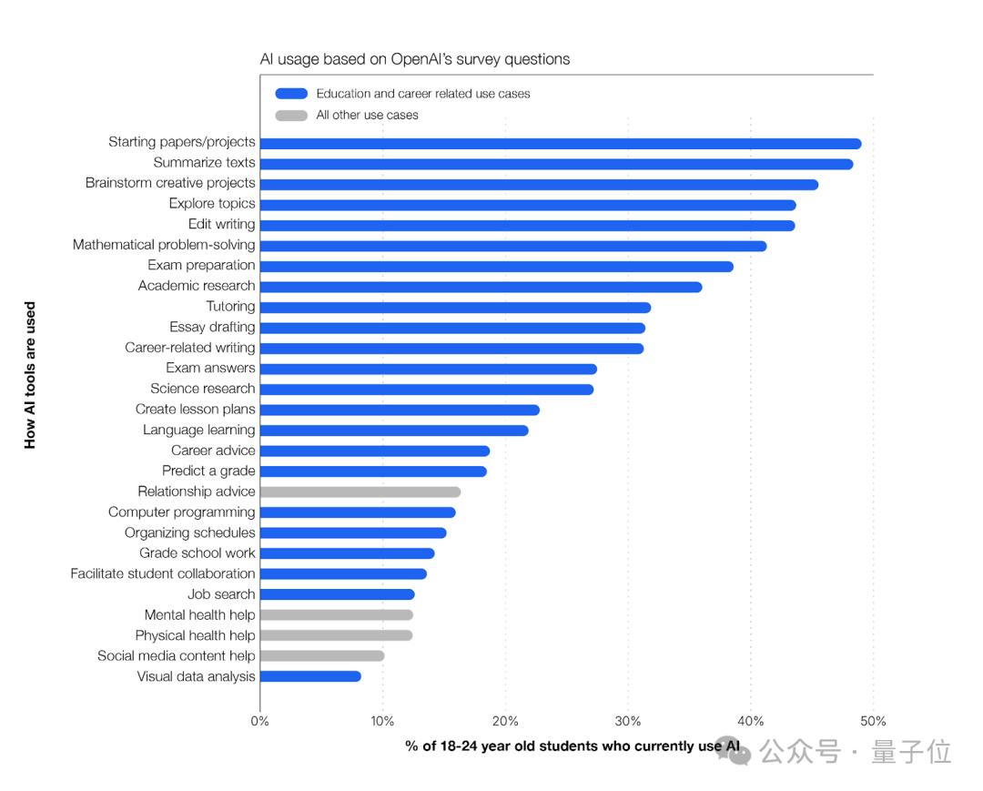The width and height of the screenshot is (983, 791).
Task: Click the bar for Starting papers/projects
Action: [560, 143]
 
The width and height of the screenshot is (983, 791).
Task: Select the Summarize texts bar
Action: [556, 164]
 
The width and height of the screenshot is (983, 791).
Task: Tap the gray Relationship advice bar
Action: [360, 492]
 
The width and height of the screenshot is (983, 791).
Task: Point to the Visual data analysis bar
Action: [310, 676]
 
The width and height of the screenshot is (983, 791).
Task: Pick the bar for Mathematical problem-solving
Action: [512, 246]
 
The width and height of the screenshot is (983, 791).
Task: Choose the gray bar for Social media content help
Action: [321, 655]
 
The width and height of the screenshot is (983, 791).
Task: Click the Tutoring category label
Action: [230, 307]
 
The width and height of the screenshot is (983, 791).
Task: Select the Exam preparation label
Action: [201, 265]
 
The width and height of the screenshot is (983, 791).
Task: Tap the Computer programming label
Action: [181, 512]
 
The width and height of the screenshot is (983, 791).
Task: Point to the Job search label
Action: [221, 594]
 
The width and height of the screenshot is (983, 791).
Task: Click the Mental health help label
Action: [199, 614]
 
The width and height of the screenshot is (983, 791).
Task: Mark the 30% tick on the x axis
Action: [628, 722]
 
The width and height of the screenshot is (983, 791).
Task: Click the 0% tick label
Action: [260, 722]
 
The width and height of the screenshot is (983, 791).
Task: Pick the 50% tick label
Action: [873, 722]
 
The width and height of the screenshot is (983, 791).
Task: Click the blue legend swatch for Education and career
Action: [291, 94]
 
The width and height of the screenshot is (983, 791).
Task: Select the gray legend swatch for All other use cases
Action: [291, 116]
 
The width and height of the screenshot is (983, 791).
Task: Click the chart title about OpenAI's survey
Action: [415, 59]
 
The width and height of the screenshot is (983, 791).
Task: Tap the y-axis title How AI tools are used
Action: [31, 375]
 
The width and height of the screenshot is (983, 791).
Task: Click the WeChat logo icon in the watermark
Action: [734, 750]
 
